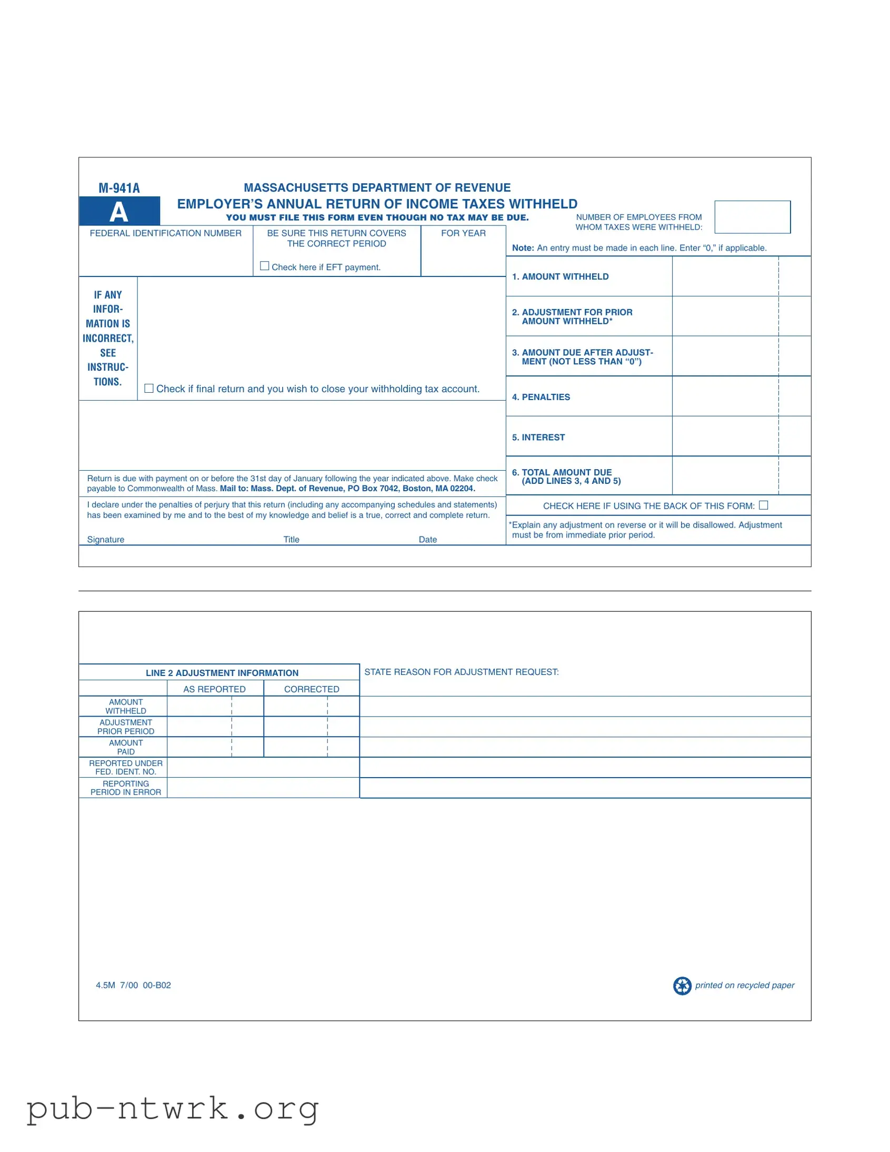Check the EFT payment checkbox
click(x=265, y=266)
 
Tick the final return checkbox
click(x=149, y=388)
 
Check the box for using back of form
click(x=764, y=505)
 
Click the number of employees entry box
click(x=753, y=217)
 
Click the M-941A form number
click(x=119, y=188)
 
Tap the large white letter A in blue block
click(x=119, y=212)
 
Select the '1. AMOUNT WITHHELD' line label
click(x=560, y=276)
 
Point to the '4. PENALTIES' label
click(x=541, y=397)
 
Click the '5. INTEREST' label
click(x=538, y=438)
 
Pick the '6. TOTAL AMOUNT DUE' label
click(x=562, y=473)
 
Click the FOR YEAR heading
click(x=464, y=233)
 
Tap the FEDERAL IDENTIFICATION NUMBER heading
click(x=166, y=233)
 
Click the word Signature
click(x=105, y=540)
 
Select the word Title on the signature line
click(x=292, y=540)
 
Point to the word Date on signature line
click(x=427, y=540)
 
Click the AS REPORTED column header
click(x=215, y=689)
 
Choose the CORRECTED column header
click(x=312, y=689)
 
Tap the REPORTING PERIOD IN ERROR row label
click(x=125, y=788)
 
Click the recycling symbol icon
click(x=682, y=986)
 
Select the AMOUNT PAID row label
click(x=125, y=748)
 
